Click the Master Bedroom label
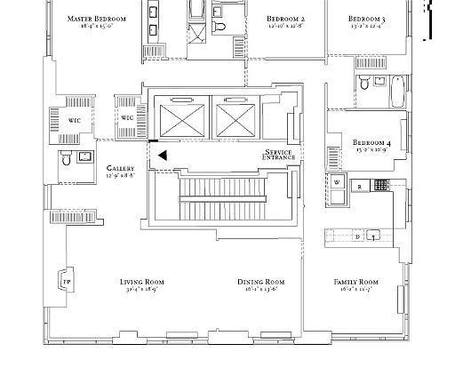tap(97, 19)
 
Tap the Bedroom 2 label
tap(285, 19)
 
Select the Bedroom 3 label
tap(366, 19)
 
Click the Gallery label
tap(120, 168)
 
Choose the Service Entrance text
tap(277, 155)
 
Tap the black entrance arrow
tap(162, 156)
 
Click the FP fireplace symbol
tap(66, 281)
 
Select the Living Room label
tap(142, 282)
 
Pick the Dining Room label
tap(260, 282)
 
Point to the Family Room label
tap(355, 282)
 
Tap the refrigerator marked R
tap(360, 186)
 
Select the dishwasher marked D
tap(357, 236)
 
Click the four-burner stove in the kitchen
tap(381, 185)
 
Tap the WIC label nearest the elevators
tap(127, 117)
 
